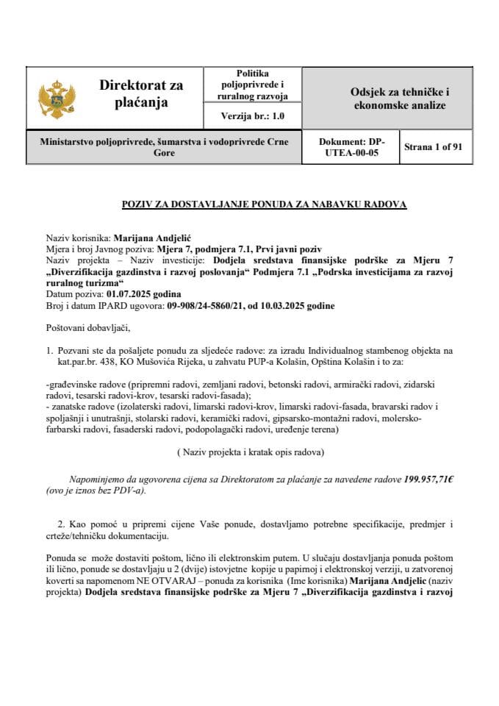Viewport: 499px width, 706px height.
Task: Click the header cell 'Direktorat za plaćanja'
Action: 141,94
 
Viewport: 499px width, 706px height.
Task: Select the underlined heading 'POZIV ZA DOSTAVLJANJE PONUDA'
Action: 264,204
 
